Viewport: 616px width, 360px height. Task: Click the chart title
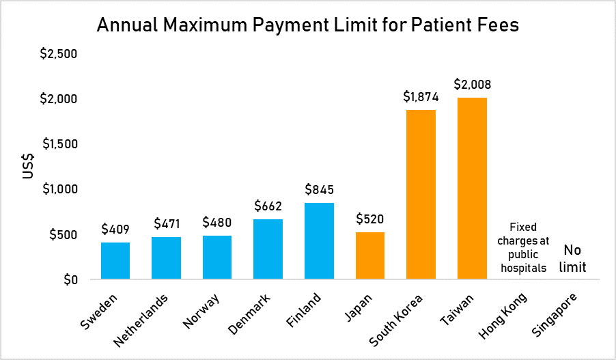tap(308, 25)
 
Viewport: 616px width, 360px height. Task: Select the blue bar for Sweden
tap(115, 261)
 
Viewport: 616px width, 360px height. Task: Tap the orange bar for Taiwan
tap(472, 189)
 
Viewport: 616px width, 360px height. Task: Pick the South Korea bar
tap(421, 195)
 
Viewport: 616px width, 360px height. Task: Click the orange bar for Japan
tap(370, 255)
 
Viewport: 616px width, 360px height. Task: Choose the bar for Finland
tap(319, 241)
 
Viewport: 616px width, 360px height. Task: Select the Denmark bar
tap(268, 249)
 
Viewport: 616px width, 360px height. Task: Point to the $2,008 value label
tap(472, 85)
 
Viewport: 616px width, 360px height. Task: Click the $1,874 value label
tap(421, 97)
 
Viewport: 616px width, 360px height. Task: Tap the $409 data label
tap(115, 230)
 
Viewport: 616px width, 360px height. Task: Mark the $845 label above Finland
tap(319, 190)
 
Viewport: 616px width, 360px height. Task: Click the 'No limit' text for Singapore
tap(572, 259)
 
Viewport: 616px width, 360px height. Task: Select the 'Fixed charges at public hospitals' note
tap(522, 247)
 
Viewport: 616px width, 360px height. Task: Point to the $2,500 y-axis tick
tap(59, 54)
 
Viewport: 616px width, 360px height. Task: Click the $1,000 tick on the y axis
tap(59, 189)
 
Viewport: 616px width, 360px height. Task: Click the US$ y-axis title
tap(28, 166)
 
